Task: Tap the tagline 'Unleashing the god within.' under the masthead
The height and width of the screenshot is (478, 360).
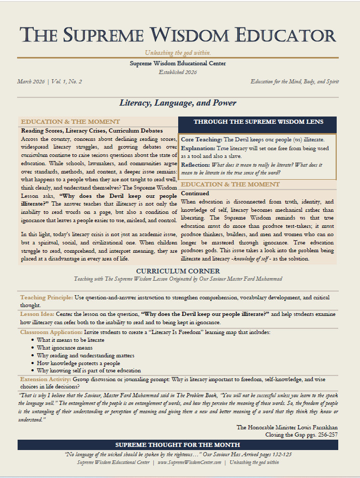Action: coord(178,53)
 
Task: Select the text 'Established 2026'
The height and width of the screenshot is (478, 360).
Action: coord(178,72)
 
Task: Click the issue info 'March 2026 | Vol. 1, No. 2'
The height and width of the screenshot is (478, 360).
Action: coord(49,82)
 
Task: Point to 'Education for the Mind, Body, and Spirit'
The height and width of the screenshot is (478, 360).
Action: coord(294,82)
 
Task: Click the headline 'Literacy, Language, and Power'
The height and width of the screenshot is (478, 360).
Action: coord(178,103)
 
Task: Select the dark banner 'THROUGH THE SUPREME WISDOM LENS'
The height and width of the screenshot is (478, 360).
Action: coord(257,122)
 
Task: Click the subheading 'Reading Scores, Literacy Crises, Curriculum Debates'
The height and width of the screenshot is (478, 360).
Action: coord(92,131)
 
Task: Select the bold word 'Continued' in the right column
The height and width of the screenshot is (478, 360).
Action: coord(195,193)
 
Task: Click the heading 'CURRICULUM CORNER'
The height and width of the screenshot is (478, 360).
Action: coord(178,271)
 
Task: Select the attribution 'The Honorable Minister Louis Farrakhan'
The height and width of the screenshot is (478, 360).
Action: coord(287,427)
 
